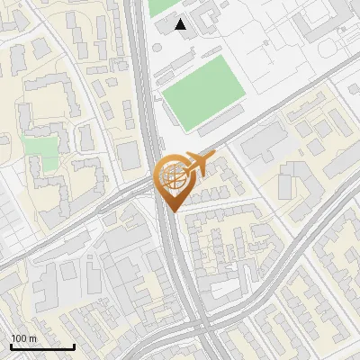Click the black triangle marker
[181, 24]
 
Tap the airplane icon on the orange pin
[196, 163]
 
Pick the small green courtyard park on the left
[39, 148]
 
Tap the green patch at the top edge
[163, 5]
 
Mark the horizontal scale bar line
[42, 347]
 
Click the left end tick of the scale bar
[11, 346]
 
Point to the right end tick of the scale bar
[74, 346]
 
